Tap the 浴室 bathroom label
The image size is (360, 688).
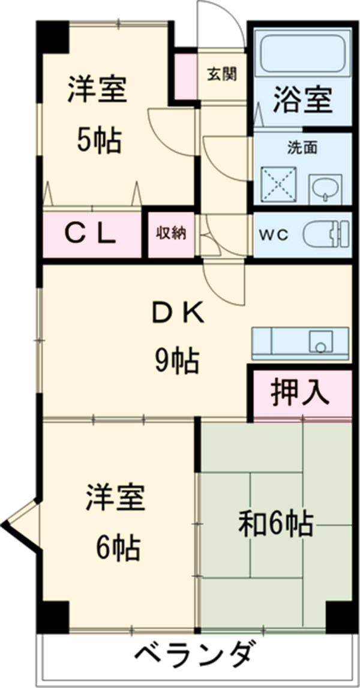pos(302,100)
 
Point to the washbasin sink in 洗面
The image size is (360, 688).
pos(325,190)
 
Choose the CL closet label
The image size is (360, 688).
pos(90,235)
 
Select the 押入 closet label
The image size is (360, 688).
pos(300,393)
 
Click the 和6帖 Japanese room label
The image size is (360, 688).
pos(276,524)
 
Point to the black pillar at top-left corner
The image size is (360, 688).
pos(53,36)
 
